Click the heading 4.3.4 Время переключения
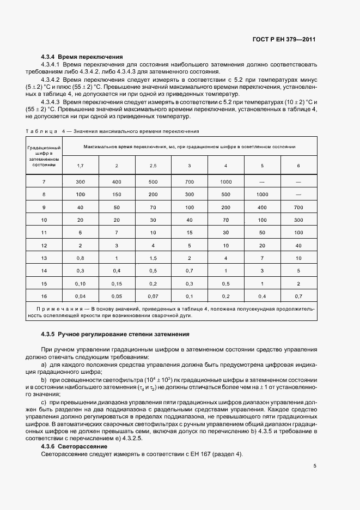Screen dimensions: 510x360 point(82,57)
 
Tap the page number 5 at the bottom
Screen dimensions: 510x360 point(315,466)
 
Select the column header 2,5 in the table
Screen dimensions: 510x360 point(152,165)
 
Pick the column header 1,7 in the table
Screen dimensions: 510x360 point(80,165)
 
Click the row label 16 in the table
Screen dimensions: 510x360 point(44,296)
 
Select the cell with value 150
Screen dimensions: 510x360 point(117,194)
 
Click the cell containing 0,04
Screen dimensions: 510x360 point(80,296)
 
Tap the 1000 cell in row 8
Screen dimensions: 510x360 point(262,194)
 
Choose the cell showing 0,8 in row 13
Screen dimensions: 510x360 point(80,258)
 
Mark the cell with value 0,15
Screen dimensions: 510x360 point(117,283)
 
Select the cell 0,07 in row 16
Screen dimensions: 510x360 point(152,296)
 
